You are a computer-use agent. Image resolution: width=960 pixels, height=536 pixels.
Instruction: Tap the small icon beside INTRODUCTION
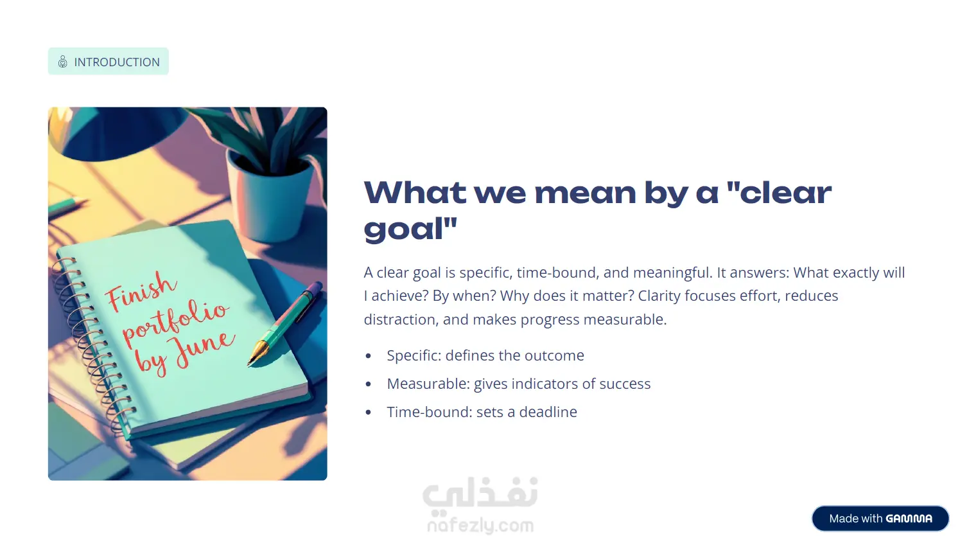point(62,62)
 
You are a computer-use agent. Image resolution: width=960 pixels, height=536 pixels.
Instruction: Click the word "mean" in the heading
point(586,193)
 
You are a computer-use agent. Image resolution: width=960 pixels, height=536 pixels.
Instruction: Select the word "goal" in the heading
point(403,229)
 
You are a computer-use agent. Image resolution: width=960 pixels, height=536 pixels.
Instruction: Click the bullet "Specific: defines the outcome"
point(485,355)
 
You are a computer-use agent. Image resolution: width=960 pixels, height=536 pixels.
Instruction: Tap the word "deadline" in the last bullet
point(548,412)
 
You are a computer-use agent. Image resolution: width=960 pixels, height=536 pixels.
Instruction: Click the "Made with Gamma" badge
point(880,519)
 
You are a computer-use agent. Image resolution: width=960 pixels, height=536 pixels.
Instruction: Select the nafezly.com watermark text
point(480,525)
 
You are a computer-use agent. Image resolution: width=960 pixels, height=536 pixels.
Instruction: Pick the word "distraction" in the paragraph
point(401,319)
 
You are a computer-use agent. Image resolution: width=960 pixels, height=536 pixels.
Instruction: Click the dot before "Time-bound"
point(368,413)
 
